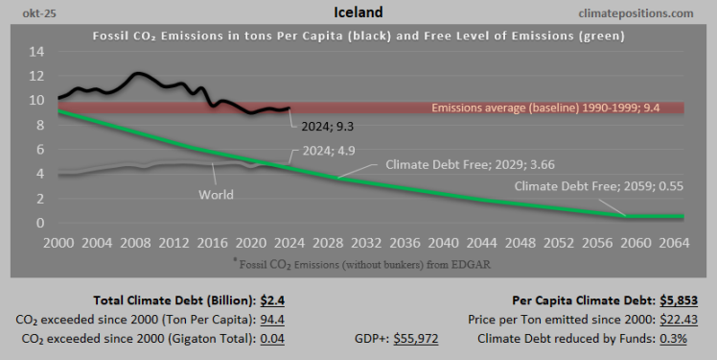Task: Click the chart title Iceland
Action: (358, 12)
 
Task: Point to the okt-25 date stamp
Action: (25, 13)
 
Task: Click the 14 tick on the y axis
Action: (36, 50)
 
